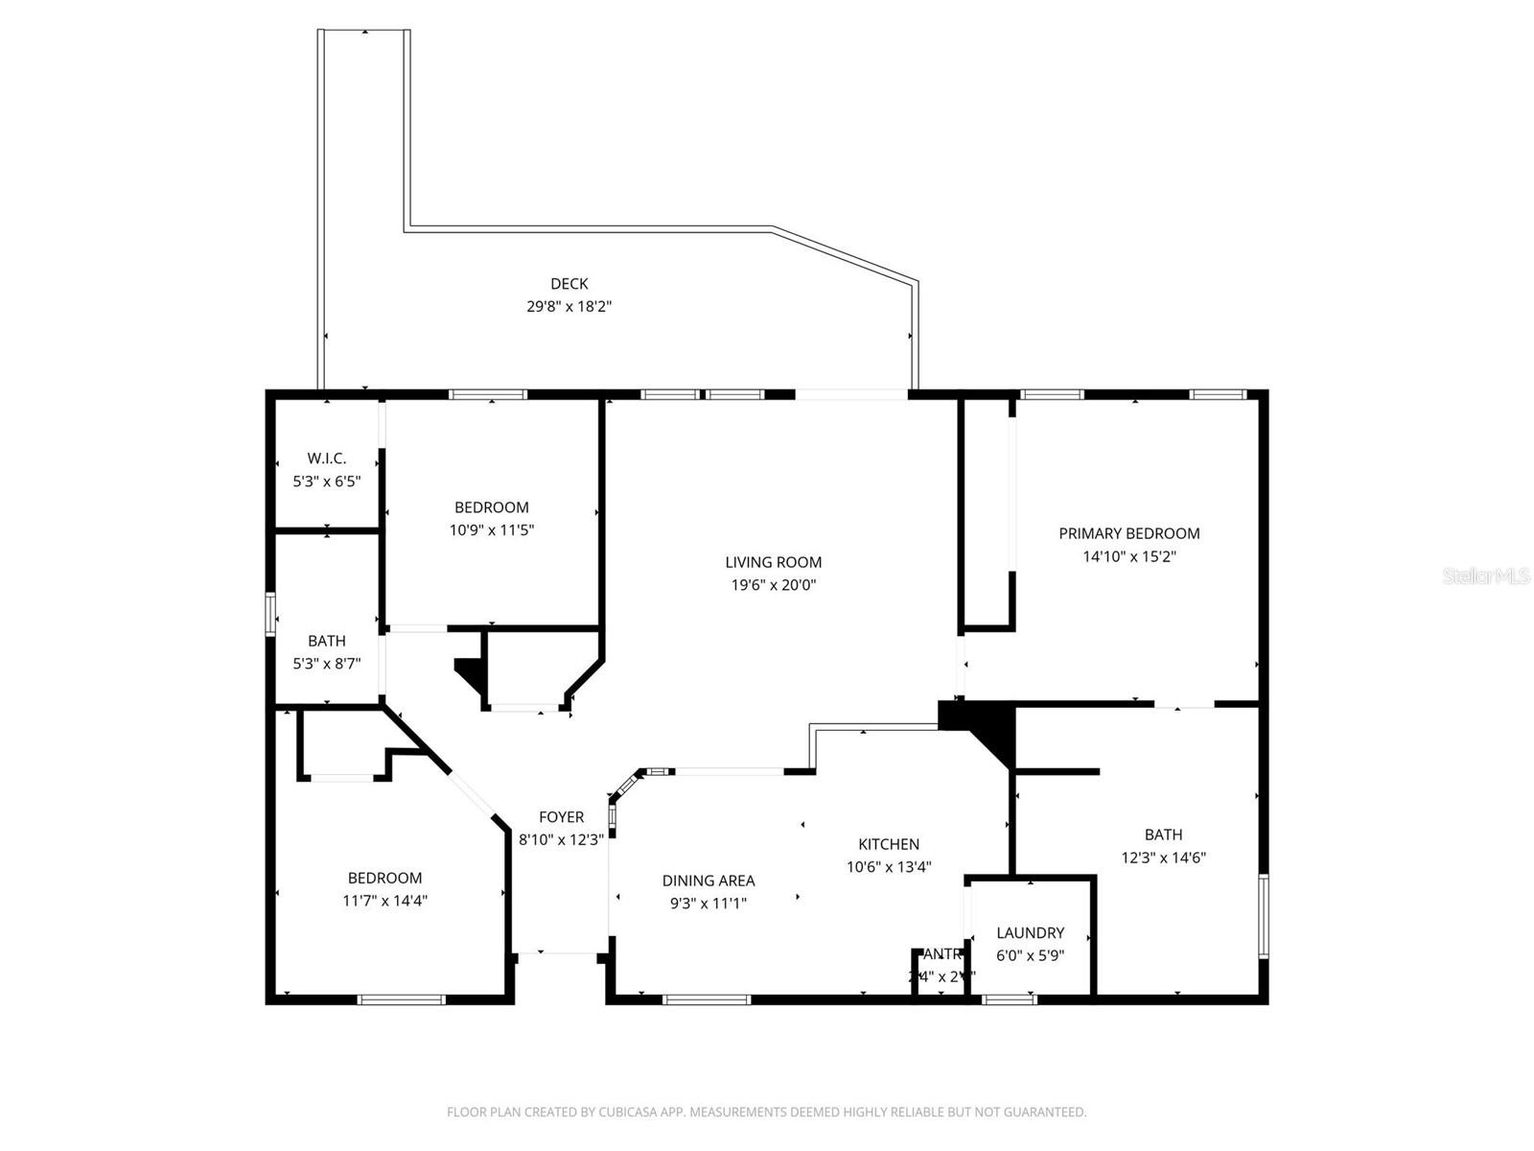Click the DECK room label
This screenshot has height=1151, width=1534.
click(569, 284)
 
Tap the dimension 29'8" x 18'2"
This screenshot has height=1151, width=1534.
click(569, 307)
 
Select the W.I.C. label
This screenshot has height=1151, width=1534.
click(326, 458)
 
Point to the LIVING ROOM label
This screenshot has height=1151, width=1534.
click(773, 562)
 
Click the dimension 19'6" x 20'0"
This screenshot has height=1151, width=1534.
click(773, 585)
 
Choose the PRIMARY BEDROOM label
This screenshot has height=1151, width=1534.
click(1128, 533)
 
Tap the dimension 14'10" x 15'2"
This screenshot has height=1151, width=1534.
click(1128, 556)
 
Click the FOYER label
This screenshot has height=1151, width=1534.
click(561, 817)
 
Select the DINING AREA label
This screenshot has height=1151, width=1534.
click(709, 881)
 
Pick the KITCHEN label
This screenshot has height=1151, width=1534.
click(888, 844)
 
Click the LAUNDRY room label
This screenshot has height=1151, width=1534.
click(1030, 932)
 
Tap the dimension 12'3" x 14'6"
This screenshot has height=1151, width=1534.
click(1163, 857)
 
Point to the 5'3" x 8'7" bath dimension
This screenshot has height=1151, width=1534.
click(326, 663)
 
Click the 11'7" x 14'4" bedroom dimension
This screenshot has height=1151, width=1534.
click(384, 901)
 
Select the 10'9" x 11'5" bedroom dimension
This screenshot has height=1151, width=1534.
click(491, 529)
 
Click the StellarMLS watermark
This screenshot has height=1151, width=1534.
click(1485, 576)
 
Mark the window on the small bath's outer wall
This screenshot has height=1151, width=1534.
click(270, 614)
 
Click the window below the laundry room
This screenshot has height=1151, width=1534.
click(1010, 999)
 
